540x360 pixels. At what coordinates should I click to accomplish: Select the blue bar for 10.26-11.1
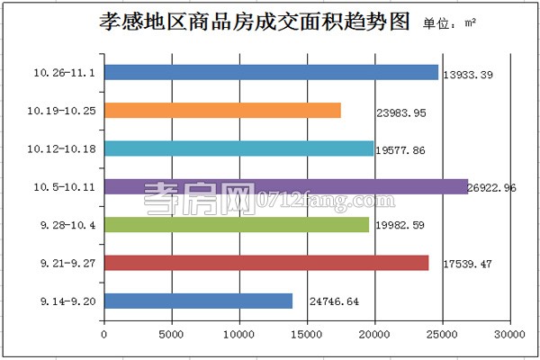(x=271, y=72)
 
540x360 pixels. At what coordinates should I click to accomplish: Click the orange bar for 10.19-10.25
(x=222, y=111)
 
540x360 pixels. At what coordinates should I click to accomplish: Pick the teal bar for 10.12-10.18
(x=238, y=148)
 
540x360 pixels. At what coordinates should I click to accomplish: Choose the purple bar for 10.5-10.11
(x=286, y=187)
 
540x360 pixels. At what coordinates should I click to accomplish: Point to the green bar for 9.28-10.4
(x=237, y=225)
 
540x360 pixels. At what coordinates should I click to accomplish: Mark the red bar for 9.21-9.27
(x=266, y=263)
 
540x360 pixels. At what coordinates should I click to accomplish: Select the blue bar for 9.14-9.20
(x=198, y=301)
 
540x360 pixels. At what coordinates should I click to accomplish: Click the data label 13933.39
(x=470, y=73)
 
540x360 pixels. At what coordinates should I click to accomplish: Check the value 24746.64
(x=333, y=301)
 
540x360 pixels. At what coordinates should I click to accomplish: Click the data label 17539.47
(x=469, y=264)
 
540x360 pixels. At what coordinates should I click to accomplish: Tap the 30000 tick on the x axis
(x=509, y=335)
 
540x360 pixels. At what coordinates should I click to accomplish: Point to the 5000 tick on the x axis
(x=172, y=335)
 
